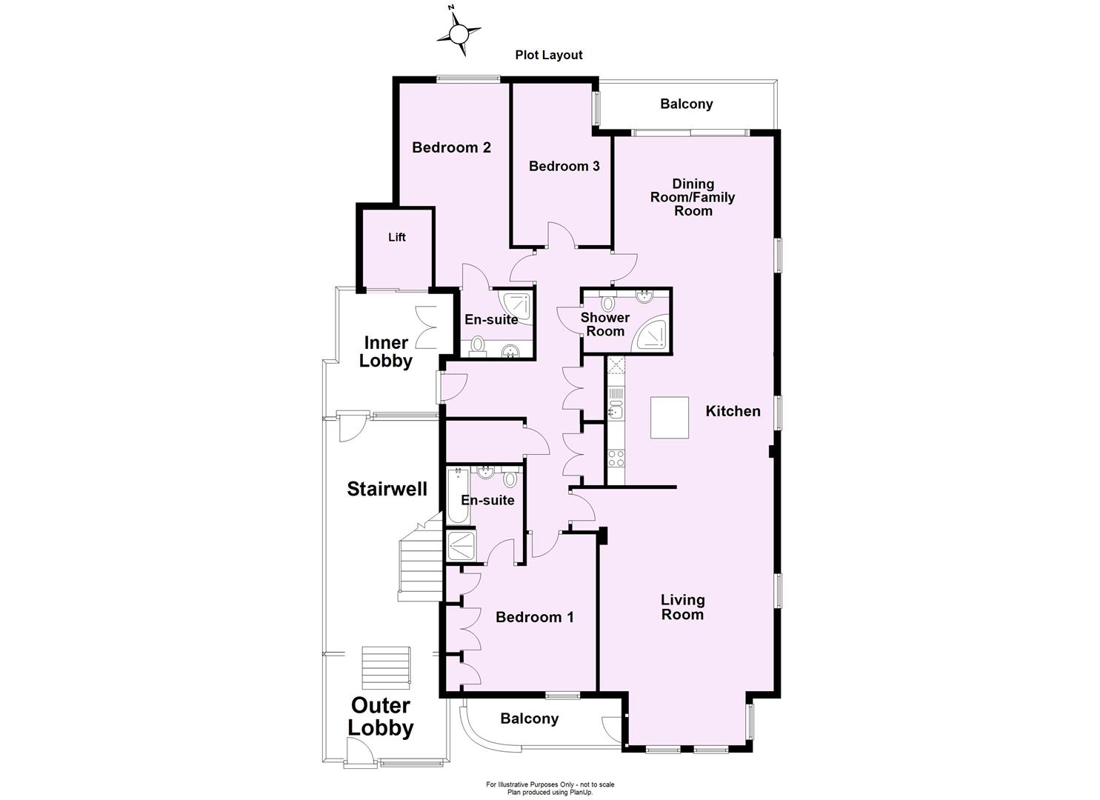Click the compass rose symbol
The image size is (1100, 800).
459,32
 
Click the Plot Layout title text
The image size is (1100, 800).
549,55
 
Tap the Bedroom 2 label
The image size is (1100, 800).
451,147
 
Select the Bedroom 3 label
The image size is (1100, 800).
564,166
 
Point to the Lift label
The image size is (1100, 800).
397,237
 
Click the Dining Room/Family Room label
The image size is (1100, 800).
693,197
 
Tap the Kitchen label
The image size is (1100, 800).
733,411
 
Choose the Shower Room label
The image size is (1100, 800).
605,324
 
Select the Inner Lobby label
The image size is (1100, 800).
385,352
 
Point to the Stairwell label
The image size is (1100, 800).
387,489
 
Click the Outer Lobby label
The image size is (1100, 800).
381,716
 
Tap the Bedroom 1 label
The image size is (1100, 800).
534,617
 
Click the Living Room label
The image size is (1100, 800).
682,607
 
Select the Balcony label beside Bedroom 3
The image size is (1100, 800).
686,104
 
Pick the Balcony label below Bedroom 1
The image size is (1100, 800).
529,719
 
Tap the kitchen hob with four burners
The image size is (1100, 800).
616,458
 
